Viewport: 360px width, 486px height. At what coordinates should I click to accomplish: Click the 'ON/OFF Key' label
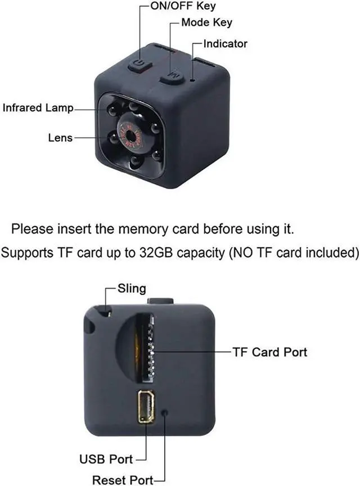(183, 6)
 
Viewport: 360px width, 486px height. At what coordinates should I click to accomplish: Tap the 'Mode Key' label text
(206, 22)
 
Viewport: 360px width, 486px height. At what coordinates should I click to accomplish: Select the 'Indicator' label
(226, 44)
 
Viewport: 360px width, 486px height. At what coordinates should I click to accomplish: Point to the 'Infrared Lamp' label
(38, 108)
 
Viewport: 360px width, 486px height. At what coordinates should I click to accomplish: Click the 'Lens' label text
(60, 138)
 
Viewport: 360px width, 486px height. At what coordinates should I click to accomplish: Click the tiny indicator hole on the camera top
(193, 80)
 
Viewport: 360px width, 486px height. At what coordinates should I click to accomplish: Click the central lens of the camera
(134, 135)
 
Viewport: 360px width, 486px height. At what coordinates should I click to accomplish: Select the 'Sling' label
(132, 289)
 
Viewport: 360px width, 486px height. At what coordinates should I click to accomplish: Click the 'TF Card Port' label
(270, 352)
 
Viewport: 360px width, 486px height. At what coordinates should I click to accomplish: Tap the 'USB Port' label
(106, 459)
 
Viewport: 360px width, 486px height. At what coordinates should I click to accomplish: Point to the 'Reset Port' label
(123, 480)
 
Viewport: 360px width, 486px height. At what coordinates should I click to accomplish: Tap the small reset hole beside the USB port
(165, 412)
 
